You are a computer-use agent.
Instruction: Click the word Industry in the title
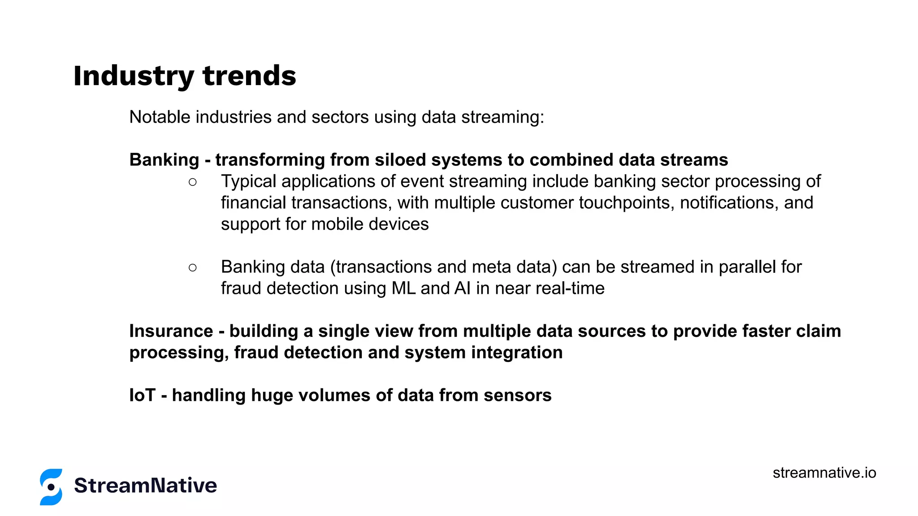coord(133,76)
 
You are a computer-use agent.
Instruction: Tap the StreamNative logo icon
coord(51,487)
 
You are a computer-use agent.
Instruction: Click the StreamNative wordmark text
coord(145,486)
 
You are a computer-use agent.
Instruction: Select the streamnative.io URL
coord(824,473)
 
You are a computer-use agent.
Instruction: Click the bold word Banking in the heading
coord(164,160)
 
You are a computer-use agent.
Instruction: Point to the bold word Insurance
coord(171,331)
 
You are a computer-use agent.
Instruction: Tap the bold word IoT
coord(142,396)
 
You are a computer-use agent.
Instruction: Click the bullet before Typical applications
coord(193,182)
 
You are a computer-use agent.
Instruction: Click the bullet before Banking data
coord(193,267)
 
